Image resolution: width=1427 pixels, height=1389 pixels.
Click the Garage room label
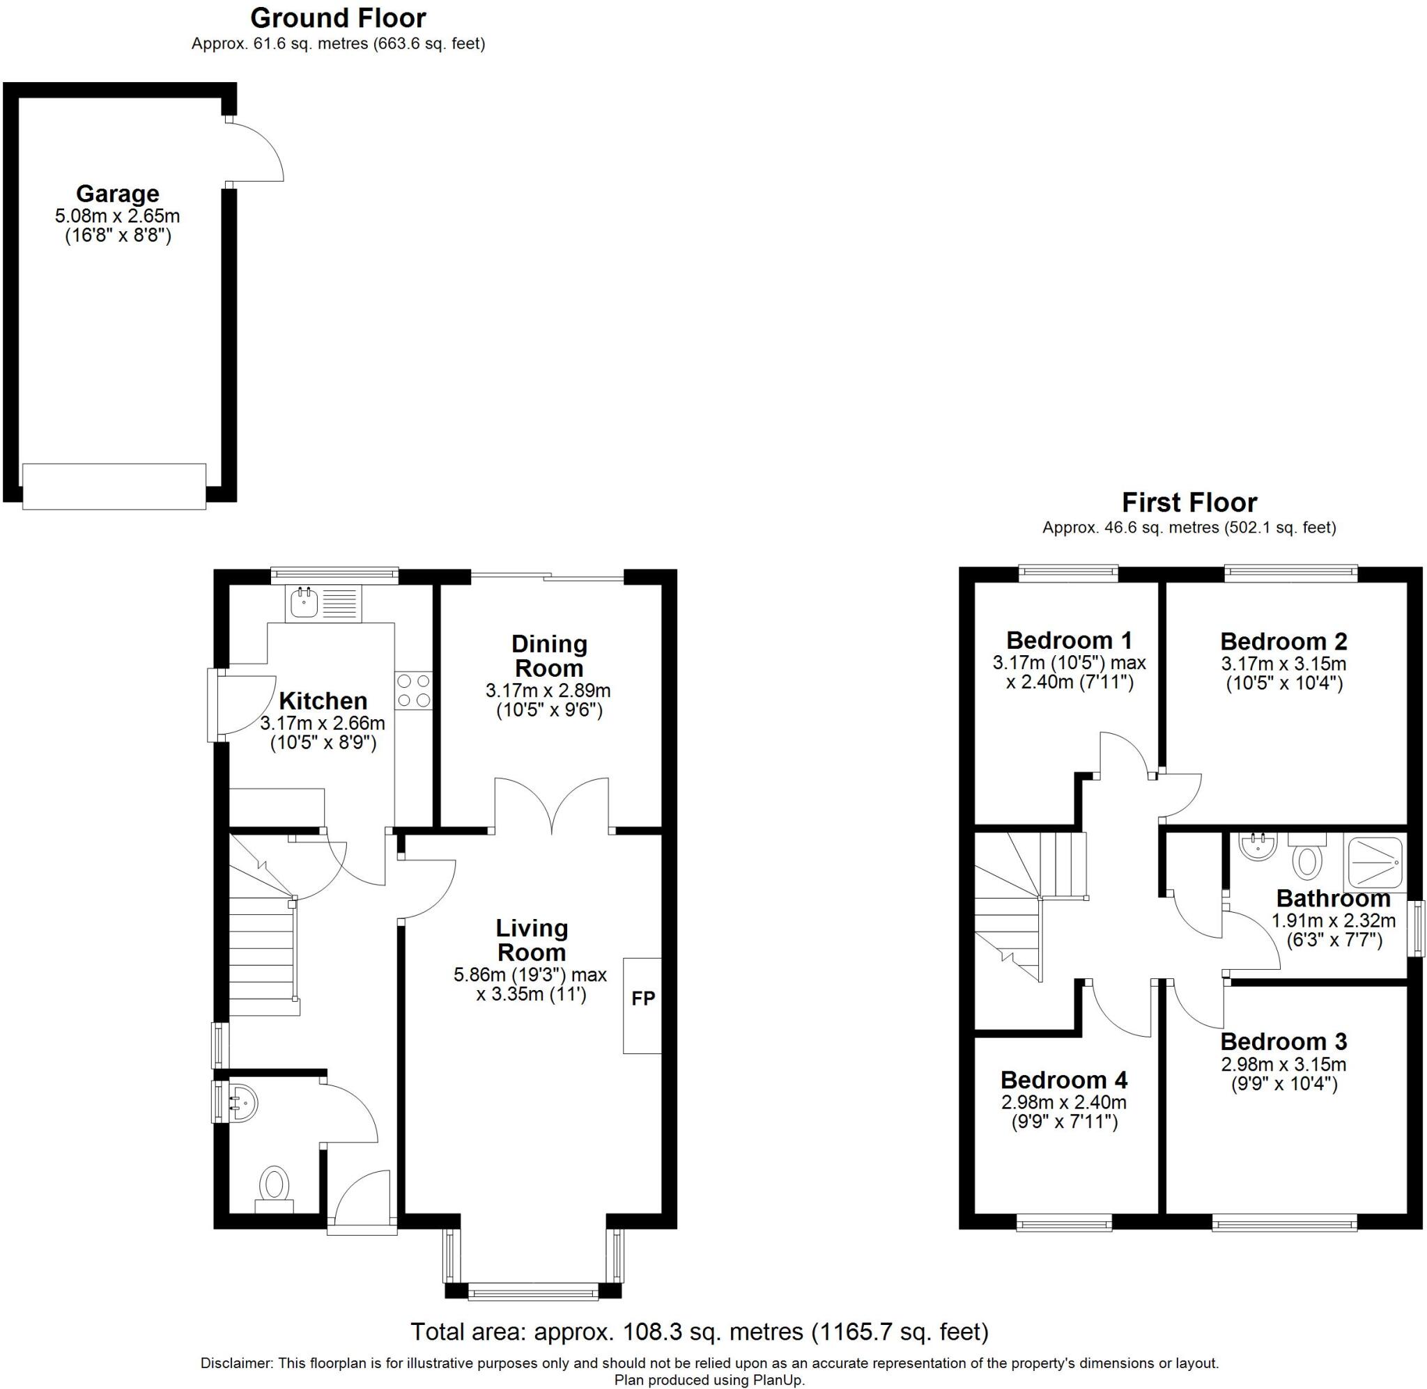click(x=117, y=194)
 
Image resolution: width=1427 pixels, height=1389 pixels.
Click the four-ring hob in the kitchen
click(x=413, y=690)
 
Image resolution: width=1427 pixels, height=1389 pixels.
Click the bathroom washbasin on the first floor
click(x=1257, y=846)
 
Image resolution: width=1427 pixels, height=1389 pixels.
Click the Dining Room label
click(x=548, y=656)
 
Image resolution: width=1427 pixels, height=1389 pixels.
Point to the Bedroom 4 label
click(x=1063, y=1079)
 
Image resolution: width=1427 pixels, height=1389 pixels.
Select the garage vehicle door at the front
click(x=114, y=486)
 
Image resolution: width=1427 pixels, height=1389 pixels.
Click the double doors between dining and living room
click(x=552, y=806)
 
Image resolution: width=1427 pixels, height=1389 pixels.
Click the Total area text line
click(x=699, y=1332)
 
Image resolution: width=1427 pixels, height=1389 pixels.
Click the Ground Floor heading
click(x=338, y=17)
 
